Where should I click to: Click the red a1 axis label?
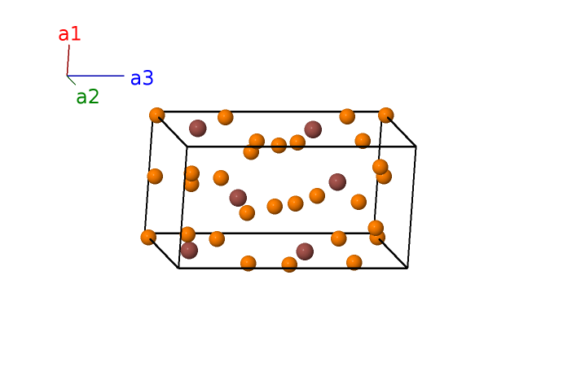click(69, 34)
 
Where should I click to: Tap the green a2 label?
click(87, 97)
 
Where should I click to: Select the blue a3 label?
click(142, 78)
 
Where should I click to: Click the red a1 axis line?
click(68, 60)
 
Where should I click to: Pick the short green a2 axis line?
click(71, 80)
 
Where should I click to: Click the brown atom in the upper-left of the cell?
click(197, 128)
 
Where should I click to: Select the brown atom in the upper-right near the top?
click(313, 129)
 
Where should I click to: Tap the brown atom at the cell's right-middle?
click(337, 181)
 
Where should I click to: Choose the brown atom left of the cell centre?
click(238, 198)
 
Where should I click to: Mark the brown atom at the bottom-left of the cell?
click(189, 250)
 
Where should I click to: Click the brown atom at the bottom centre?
click(305, 251)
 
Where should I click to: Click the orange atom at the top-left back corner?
click(157, 115)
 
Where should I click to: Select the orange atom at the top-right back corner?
click(386, 115)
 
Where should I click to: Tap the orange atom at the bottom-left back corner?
click(148, 238)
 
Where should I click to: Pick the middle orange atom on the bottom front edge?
click(289, 264)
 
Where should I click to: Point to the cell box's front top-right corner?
click(416, 146)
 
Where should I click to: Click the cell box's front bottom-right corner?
click(407, 268)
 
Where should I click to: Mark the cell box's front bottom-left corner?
click(178, 268)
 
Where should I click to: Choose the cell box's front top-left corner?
click(187, 146)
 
